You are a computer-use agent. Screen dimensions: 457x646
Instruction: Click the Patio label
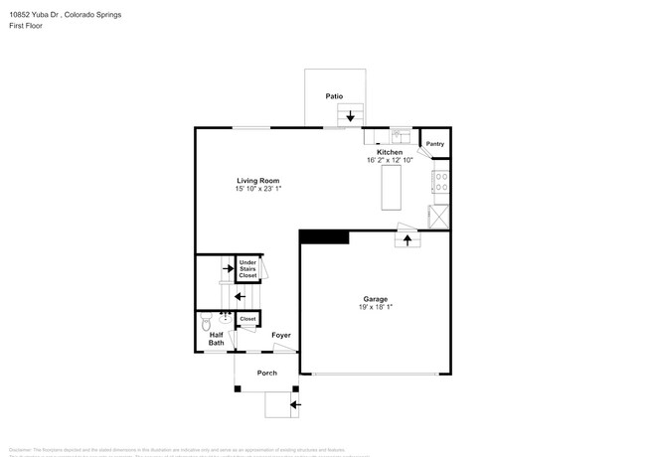pos(334,96)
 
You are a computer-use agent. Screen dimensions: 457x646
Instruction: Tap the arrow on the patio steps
pos(350,116)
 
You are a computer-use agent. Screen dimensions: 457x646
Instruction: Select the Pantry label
pos(434,144)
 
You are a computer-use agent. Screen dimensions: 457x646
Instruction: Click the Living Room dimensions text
pos(258,189)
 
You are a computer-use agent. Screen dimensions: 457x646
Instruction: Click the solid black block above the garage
pos(324,236)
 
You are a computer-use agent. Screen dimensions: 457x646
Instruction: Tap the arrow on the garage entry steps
pos(406,241)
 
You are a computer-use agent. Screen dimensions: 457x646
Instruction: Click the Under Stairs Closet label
pos(247,268)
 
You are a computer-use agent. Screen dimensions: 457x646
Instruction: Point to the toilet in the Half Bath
pos(206,323)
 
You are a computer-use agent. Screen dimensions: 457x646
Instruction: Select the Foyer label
pos(281,336)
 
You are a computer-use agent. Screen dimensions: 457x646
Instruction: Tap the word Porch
pos(266,373)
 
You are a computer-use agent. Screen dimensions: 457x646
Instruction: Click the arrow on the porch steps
pos(293,404)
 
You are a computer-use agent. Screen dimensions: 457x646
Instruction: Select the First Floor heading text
pos(27,26)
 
